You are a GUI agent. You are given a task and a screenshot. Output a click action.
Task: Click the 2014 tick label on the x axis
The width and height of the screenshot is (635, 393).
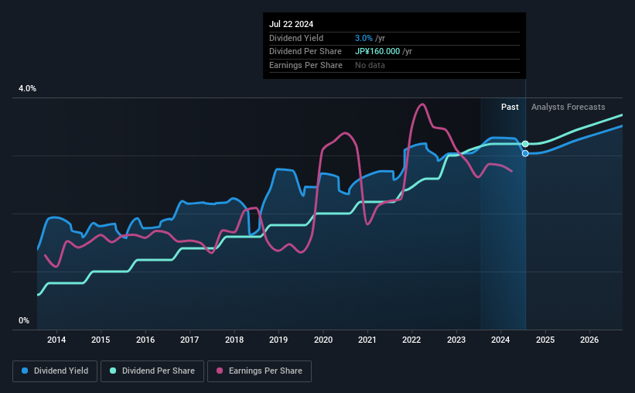[x=56, y=340]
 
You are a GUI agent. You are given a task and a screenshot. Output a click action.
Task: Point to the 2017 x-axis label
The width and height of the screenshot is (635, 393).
[x=189, y=340]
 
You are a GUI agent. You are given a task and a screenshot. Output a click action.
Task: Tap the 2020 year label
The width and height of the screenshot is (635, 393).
[x=323, y=340]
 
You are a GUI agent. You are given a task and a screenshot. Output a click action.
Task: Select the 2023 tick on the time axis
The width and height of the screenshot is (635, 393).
[x=456, y=340]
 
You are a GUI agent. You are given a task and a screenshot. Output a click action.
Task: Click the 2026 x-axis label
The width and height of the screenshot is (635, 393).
[x=589, y=340]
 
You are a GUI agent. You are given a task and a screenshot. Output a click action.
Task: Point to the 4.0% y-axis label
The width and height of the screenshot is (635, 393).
[x=27, y=89]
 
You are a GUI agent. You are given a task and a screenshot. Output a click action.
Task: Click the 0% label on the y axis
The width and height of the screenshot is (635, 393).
[x=24, y=320]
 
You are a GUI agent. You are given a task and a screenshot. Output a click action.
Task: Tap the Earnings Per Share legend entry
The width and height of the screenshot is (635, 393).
[x=259, y=371]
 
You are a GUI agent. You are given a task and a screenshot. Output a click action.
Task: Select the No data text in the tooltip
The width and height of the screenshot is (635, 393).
[x=370, y=65]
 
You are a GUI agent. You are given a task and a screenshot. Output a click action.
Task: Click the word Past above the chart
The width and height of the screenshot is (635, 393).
[x=510, y=107]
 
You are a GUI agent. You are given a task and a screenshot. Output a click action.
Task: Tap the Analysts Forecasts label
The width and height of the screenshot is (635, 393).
[x=568, y=107]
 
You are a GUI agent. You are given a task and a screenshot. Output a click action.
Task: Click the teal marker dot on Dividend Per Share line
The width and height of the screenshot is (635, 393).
[x=525, y=144]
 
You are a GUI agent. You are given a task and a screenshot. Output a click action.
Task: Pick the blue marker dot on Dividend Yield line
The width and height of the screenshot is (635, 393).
[x=525, y=153]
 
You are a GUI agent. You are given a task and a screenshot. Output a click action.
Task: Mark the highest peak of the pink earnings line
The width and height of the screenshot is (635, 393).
[x=422, y=104]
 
